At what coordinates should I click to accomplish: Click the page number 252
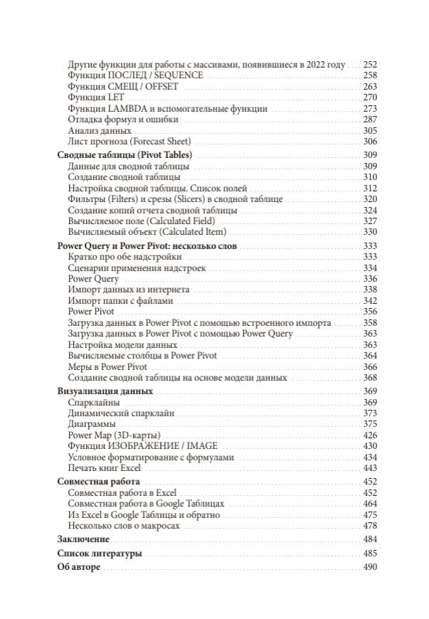pyautogui.click(x=369, y=64)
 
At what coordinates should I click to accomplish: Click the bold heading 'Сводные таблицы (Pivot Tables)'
pyautogui.click(x=124, y=155)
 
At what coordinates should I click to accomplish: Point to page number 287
pyautogui.click(x=369, y=120)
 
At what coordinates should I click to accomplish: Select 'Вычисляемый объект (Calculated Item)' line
pyautogui.click(x=147, y=232)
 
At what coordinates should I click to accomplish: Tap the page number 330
pyautogui.click(x=369, y=232)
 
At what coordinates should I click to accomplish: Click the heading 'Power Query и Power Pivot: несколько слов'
pyautogui.click(x=147, y=245)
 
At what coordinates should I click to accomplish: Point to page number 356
pyautogui.click(x=369, y=312)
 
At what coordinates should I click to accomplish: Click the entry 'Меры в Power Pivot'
pyautogui.click(x=107, y=367)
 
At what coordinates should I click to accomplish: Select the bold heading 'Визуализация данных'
pyautogui.click(x=104, y=391)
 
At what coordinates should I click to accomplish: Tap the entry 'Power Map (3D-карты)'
pyautogui.click(x=114, y=435)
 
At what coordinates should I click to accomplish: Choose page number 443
pyautogui.click(x=369, y=468)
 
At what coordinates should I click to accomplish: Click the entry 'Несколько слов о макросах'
pyautogui.click(x=124, y=526)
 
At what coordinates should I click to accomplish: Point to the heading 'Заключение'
pyautogui.click(x=83, y=539)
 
